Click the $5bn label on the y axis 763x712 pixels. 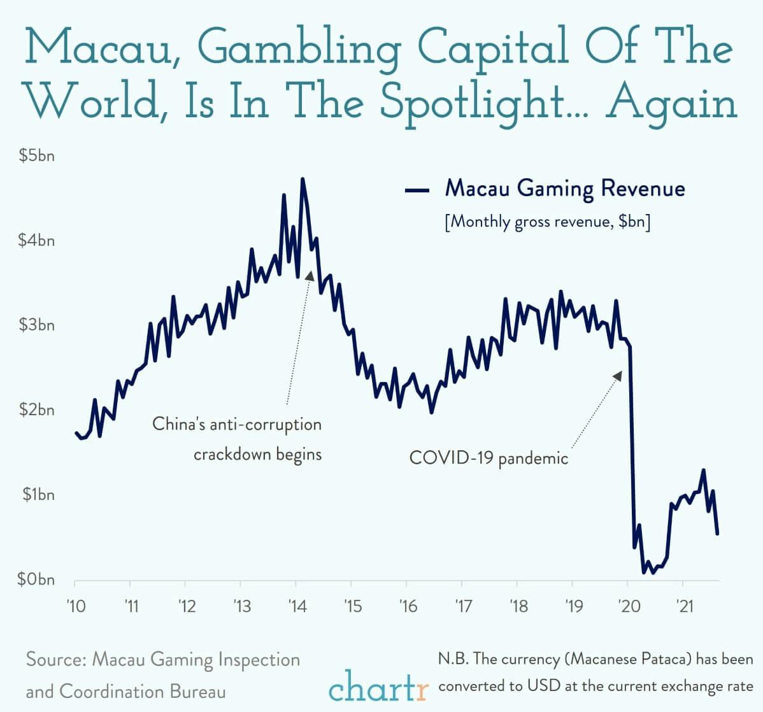coord(37,156)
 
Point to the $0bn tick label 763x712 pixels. coord(37,580)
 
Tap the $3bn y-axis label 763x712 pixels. coord(37,325)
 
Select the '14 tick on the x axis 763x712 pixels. coord(296,606)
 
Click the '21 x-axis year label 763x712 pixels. coord(683,606)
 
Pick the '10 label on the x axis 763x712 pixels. coord(75,606)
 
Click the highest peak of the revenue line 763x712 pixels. coord(303,180)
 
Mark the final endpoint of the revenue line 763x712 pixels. coord(717,534)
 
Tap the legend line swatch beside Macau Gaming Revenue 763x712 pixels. coord(417,190)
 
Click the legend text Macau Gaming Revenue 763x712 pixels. coord(565,189)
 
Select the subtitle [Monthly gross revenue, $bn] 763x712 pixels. coord(548,222)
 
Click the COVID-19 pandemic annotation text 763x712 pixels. coord(488,458)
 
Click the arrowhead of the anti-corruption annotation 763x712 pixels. coord(310,274)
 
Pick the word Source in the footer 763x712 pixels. coord(54,659)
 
